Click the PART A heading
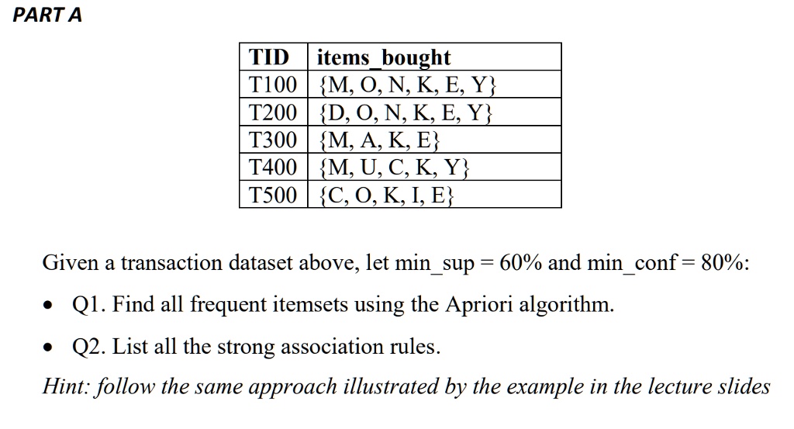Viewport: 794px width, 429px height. point(47,15)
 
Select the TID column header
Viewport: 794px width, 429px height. point(269,57)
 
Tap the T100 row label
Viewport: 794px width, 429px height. point(272,84)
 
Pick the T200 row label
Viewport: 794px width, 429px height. point(272,112)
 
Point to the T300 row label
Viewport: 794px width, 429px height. point(272,140)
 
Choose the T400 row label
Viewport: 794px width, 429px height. point(272,167)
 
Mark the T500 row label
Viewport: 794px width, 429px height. point(272,195)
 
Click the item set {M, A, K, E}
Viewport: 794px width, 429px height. point(379,140)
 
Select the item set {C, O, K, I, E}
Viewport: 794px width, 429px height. point(386,195)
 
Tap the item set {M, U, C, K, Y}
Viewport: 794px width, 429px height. point(394,167)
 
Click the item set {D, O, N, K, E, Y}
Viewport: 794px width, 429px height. point(406,112)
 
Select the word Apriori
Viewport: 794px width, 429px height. point(478,305)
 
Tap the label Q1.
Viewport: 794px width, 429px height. point(89,304)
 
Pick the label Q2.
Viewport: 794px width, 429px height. point(89,347)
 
